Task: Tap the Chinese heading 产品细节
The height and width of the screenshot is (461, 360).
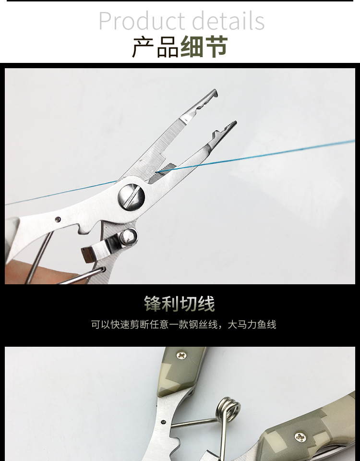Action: point(180,47)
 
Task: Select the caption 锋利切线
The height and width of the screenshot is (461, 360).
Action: point(180,304)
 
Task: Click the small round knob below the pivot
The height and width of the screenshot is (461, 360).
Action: point(129,236)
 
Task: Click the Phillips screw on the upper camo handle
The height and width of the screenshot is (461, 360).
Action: point(182,356)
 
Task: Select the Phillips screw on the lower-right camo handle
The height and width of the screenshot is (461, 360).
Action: point(301,437)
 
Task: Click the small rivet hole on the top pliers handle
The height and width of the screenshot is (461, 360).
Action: point(58,219)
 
